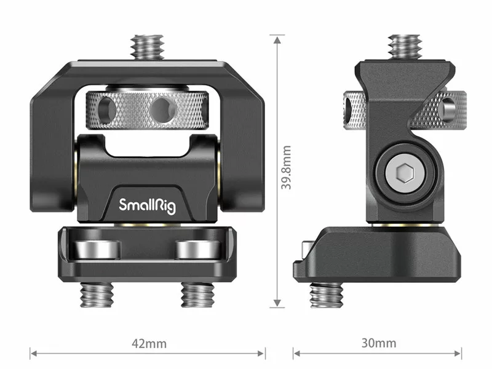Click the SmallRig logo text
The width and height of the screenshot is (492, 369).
[147, 205]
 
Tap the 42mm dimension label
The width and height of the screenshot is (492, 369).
[149, 344]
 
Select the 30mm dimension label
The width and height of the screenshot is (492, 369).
[379, 343]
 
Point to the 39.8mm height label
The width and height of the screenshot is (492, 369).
[286, 167]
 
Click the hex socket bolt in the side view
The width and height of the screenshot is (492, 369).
[405, 173]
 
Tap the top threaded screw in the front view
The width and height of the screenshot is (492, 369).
[148, 47]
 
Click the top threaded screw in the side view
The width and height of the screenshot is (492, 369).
[405, 47]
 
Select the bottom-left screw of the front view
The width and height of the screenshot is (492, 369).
[97, 295]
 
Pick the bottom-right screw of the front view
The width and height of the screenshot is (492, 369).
[197, 295]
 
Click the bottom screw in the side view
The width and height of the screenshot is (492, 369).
[327, 295]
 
